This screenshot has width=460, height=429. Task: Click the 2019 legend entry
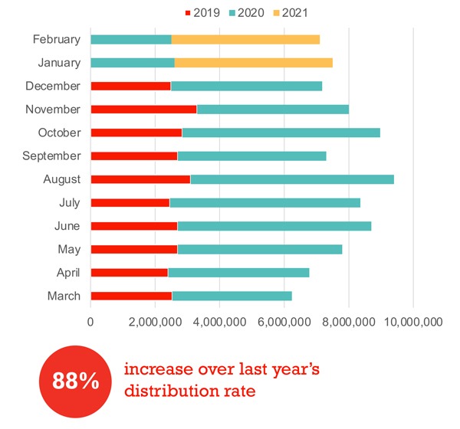point(201,12)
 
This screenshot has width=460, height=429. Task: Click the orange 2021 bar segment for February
point(245,39)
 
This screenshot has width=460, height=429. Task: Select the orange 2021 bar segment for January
point(254,62)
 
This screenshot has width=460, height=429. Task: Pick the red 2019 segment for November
point(143,109)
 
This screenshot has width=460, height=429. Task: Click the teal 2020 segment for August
point(292,179)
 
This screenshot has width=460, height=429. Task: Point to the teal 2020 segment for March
point(232,296)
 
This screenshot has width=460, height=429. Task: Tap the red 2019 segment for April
point(129,272)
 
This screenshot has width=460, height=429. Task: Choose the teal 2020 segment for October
point(281,133)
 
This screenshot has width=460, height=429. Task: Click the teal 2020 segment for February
point(130,39)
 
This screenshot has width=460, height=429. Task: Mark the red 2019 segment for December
point(130,86)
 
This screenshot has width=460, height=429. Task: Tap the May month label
point(68,249)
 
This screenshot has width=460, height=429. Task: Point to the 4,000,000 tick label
point(219,323)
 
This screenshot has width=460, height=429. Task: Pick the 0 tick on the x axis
point(90,323)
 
